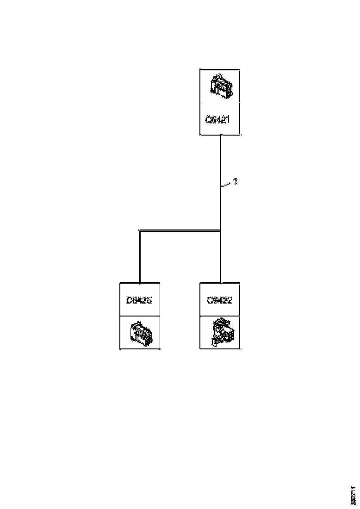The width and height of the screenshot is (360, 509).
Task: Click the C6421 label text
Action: pyautogui.click(x=218, y=119)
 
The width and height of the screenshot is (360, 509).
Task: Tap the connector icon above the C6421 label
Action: pyautogui.click(x=220, y=85)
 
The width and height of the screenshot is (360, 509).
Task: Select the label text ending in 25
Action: pyautogui.click(x=139, y=300)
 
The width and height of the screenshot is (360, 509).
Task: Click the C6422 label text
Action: pyautogui.click(x=219, y=300)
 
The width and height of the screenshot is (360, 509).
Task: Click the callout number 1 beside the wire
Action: pyautogui.click(x=236, y=181)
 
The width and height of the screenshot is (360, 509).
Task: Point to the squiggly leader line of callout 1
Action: pyautogui.click(x=227, y=185)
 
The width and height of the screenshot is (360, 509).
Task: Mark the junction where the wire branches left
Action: pyautogui.click(x=220, y=230)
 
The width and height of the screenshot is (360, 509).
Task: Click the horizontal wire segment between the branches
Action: pyautogui.click(x=180, y=230)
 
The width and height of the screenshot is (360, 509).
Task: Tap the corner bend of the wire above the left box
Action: pyautogui.click(x=140, y=230)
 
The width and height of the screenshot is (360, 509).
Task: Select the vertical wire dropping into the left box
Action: pyautogui.click(x=140, y=257)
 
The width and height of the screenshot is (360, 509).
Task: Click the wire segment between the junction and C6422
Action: pyautogui.click(x=220, y=257)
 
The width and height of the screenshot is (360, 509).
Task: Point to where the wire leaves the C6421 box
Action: pyautogui.click(x=220, y=136)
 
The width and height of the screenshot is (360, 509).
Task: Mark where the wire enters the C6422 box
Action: pyautogui.click(x=220, y=282)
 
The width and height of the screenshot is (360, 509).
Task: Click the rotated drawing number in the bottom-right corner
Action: pyautogui.click(x=354, y=496)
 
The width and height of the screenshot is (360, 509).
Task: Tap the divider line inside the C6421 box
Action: pyautogui.click(x=220, y=102)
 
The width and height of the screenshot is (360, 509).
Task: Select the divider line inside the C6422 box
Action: pyautogui.click(x=220, y=317)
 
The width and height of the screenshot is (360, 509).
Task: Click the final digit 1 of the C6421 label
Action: pyautogui.click(x=229, y=119)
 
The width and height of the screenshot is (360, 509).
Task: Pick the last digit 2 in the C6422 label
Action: pyautogui.click(x=230, y=300)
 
